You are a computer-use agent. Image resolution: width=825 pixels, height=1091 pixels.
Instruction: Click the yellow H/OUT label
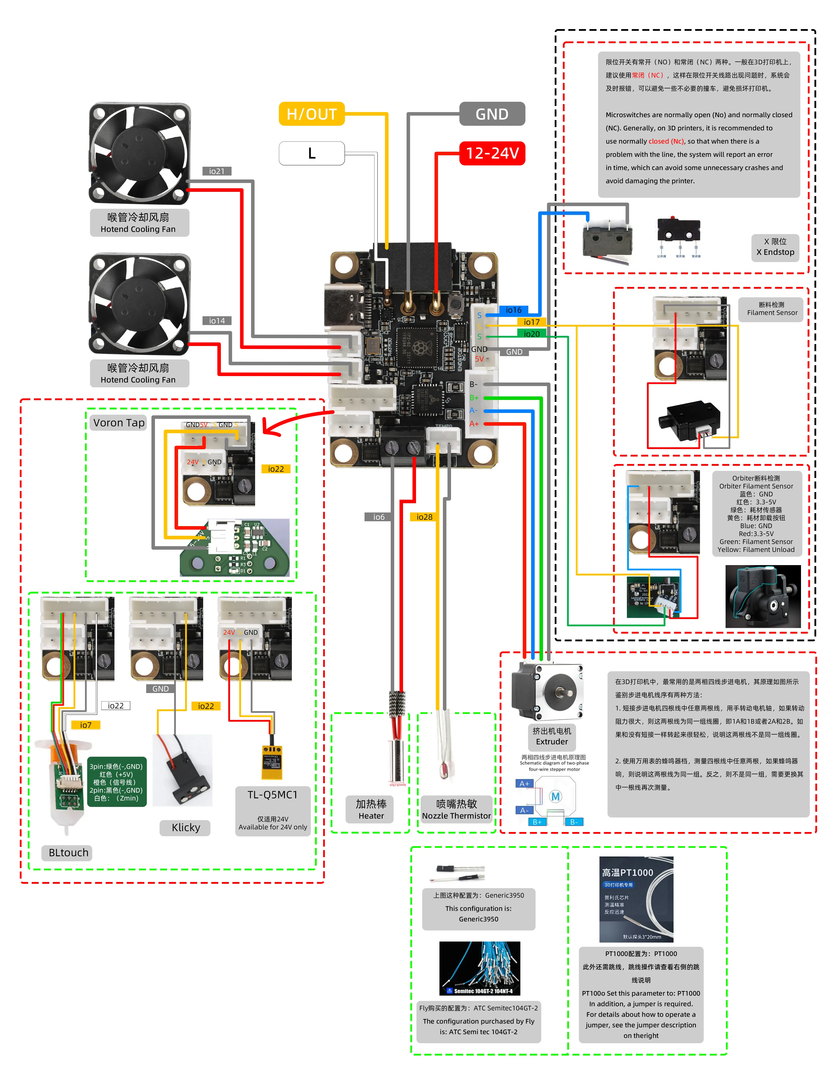click(311, 114)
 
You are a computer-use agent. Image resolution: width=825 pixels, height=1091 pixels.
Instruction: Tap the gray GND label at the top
click(492, 114)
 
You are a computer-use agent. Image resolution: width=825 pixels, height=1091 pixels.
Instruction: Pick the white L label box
click(311, 153)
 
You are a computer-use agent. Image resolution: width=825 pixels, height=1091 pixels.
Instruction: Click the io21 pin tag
click(216, 171)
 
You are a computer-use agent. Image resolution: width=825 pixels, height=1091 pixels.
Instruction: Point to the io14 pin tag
click(216, 321)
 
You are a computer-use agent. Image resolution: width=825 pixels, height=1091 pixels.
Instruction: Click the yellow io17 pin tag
click(531, 322)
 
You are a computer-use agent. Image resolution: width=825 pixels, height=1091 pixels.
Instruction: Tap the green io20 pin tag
click(531, 334)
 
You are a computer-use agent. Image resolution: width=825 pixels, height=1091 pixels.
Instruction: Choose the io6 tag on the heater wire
click(379, 517)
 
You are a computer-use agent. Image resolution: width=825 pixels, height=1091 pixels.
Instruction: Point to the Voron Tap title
click(119, 423)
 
